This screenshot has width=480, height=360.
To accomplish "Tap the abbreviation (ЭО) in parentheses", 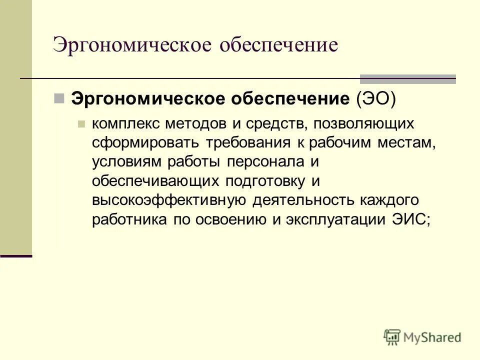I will tap(375, 98).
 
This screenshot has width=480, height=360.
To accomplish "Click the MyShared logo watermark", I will tap(422, 337).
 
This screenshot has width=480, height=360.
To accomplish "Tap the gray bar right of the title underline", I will tap(408, 78).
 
